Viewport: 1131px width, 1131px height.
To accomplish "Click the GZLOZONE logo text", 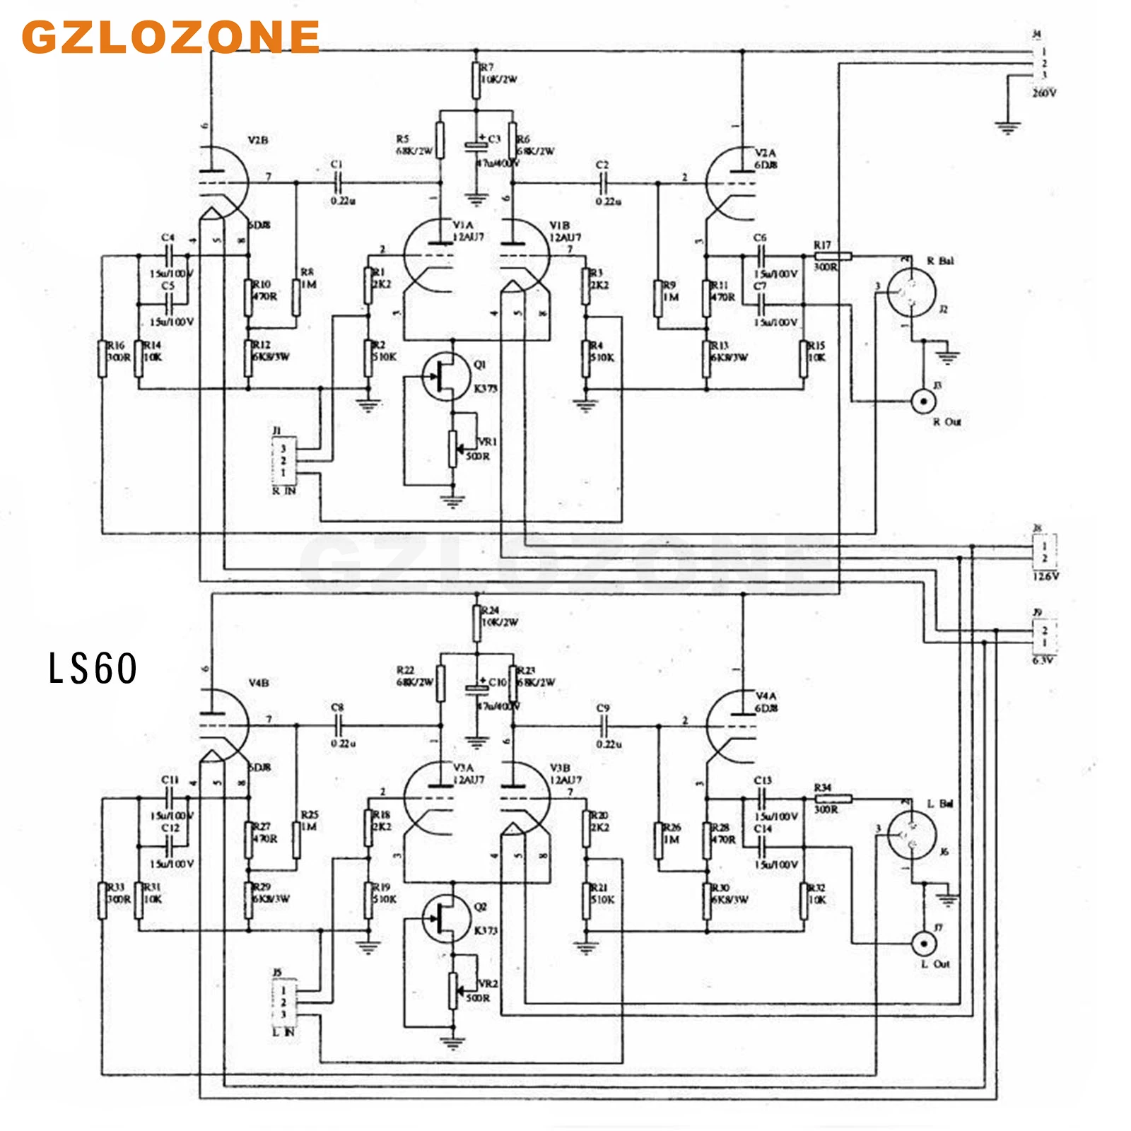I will [171, 37].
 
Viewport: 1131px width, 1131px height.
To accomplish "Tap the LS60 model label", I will [93, 668].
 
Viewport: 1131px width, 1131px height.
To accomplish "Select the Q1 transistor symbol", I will [445, 377].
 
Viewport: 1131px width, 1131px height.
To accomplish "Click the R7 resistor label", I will [487, 67].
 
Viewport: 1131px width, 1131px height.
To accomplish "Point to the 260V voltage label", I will [1044, 93].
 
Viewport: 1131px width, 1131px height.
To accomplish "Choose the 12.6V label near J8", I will [1045, 576].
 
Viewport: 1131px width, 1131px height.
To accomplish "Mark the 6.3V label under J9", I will [1043, 660].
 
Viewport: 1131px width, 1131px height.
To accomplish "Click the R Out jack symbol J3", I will [923, 402].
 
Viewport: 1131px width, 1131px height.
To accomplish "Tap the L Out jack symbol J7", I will [923, 943].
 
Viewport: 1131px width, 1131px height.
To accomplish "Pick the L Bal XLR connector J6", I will [911, 836].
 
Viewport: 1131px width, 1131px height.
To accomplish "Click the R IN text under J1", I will [284, 491].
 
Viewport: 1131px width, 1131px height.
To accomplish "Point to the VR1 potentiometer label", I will [488, 441].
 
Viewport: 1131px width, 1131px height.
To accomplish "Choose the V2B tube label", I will [258, 140].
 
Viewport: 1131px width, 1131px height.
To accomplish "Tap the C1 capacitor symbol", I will [337, 183].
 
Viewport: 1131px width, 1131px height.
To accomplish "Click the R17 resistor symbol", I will [833, 256].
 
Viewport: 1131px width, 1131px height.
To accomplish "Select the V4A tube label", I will [766, 696].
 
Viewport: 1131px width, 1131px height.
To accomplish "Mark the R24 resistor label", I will [490, 610].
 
